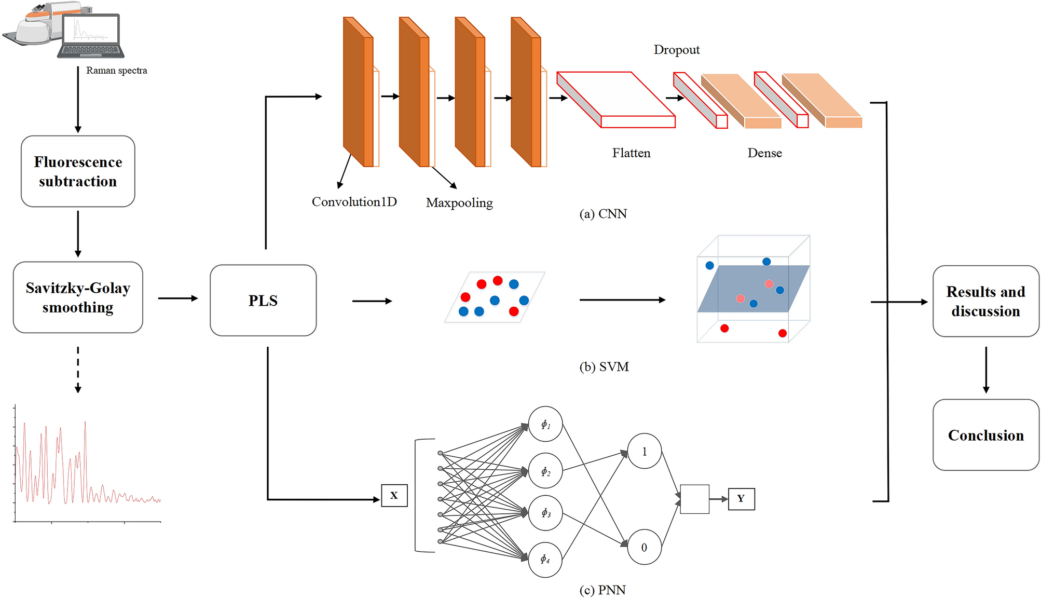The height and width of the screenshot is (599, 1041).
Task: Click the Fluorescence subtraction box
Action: (x=78, y=171)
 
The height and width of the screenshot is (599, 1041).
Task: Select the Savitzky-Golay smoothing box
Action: (x=78, y=297)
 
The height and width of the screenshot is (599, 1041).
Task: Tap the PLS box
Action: (x=263, y=301)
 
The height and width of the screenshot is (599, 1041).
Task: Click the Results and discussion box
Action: (x=985, y=301)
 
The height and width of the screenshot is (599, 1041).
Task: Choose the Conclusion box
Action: (x=985, y=435)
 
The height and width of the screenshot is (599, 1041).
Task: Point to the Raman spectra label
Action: (x=116, y=71)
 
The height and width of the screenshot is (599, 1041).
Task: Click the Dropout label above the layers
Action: (x=676, y=50)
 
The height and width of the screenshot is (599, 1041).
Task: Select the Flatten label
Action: (x=631, y=153)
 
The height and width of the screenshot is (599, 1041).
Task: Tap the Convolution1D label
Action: (x=354, y=202)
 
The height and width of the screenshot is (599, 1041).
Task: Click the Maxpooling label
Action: (x=459, y=203)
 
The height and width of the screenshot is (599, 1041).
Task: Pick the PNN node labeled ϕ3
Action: (x=545, y=513)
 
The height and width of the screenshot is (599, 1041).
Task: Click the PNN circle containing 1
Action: (x=644, y=452)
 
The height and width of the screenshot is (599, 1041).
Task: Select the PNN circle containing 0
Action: (x=644, y=548)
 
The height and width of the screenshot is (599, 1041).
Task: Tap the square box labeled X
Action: (x=394, y=496)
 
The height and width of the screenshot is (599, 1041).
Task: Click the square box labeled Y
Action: (x=741, y=499)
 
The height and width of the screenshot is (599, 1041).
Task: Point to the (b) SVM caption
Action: (x=604, y=367)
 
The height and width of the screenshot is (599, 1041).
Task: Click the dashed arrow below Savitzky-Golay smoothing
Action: (x=78, y=370)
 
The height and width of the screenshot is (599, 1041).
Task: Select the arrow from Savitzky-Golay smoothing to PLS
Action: (x=177, y=298)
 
